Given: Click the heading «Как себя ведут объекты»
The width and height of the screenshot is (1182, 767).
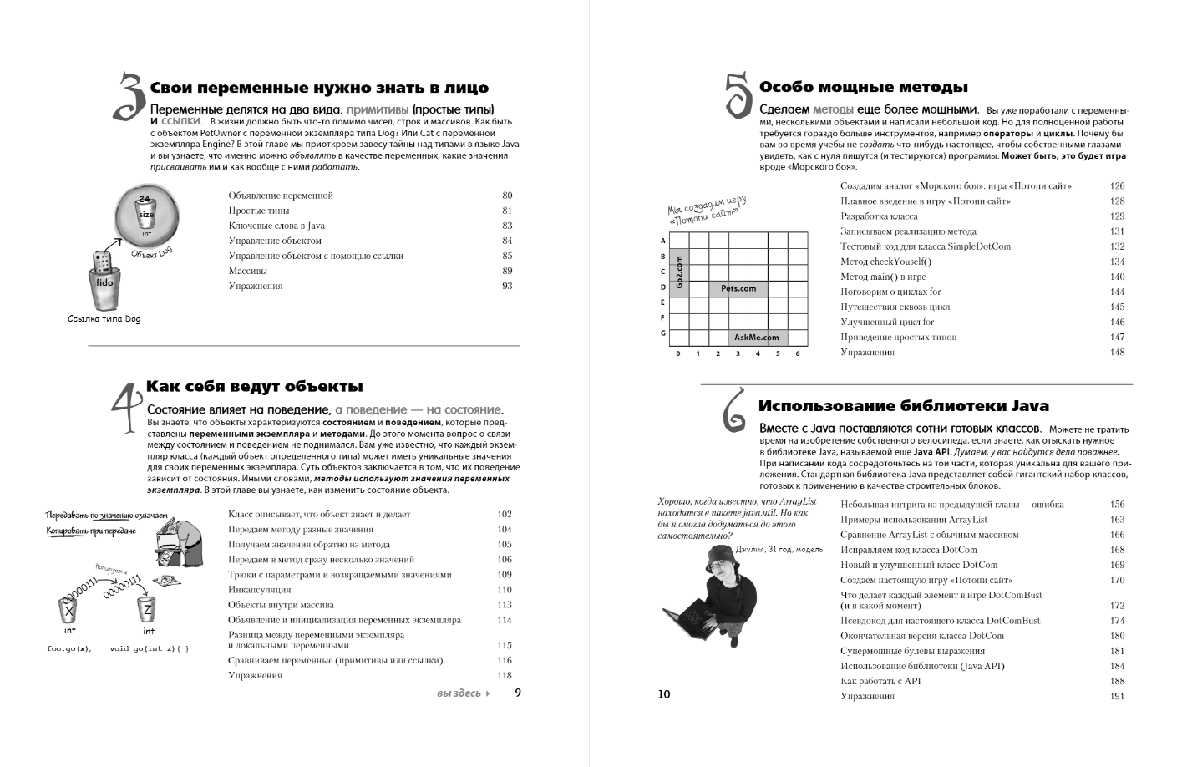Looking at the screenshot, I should click(x=255, y=387).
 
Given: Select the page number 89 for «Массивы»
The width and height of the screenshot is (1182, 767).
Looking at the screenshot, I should click(x=507, y=271).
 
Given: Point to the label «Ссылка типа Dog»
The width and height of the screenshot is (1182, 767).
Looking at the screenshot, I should click(x=104, y=319).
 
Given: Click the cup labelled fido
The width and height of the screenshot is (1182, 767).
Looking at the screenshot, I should click(x=104, y=287).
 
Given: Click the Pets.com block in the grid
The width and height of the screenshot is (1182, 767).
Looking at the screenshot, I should click(x=738, y=288).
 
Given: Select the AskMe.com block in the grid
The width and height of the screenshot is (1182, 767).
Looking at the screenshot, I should click(x=756, y=338).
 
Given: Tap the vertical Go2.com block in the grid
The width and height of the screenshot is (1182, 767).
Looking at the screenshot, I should click(x=678, y=272).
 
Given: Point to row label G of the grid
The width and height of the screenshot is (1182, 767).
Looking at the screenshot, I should click(x=663, y=333).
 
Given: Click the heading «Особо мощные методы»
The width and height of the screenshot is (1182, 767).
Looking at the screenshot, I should click(x=863, y=87).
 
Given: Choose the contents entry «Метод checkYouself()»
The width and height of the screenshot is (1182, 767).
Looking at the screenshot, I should click(x=885, y=262).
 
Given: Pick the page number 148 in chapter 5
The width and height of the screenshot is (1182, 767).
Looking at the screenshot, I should click(x=1117, y=353).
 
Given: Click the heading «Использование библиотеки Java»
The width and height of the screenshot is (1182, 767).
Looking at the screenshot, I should click(x=903, y=406).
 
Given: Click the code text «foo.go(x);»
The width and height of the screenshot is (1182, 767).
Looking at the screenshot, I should click(x=69, y=648).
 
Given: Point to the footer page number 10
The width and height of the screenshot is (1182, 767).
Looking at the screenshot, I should click(x=664, y=694).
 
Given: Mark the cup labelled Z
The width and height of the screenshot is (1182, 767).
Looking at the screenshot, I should click(x=147, y=609).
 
